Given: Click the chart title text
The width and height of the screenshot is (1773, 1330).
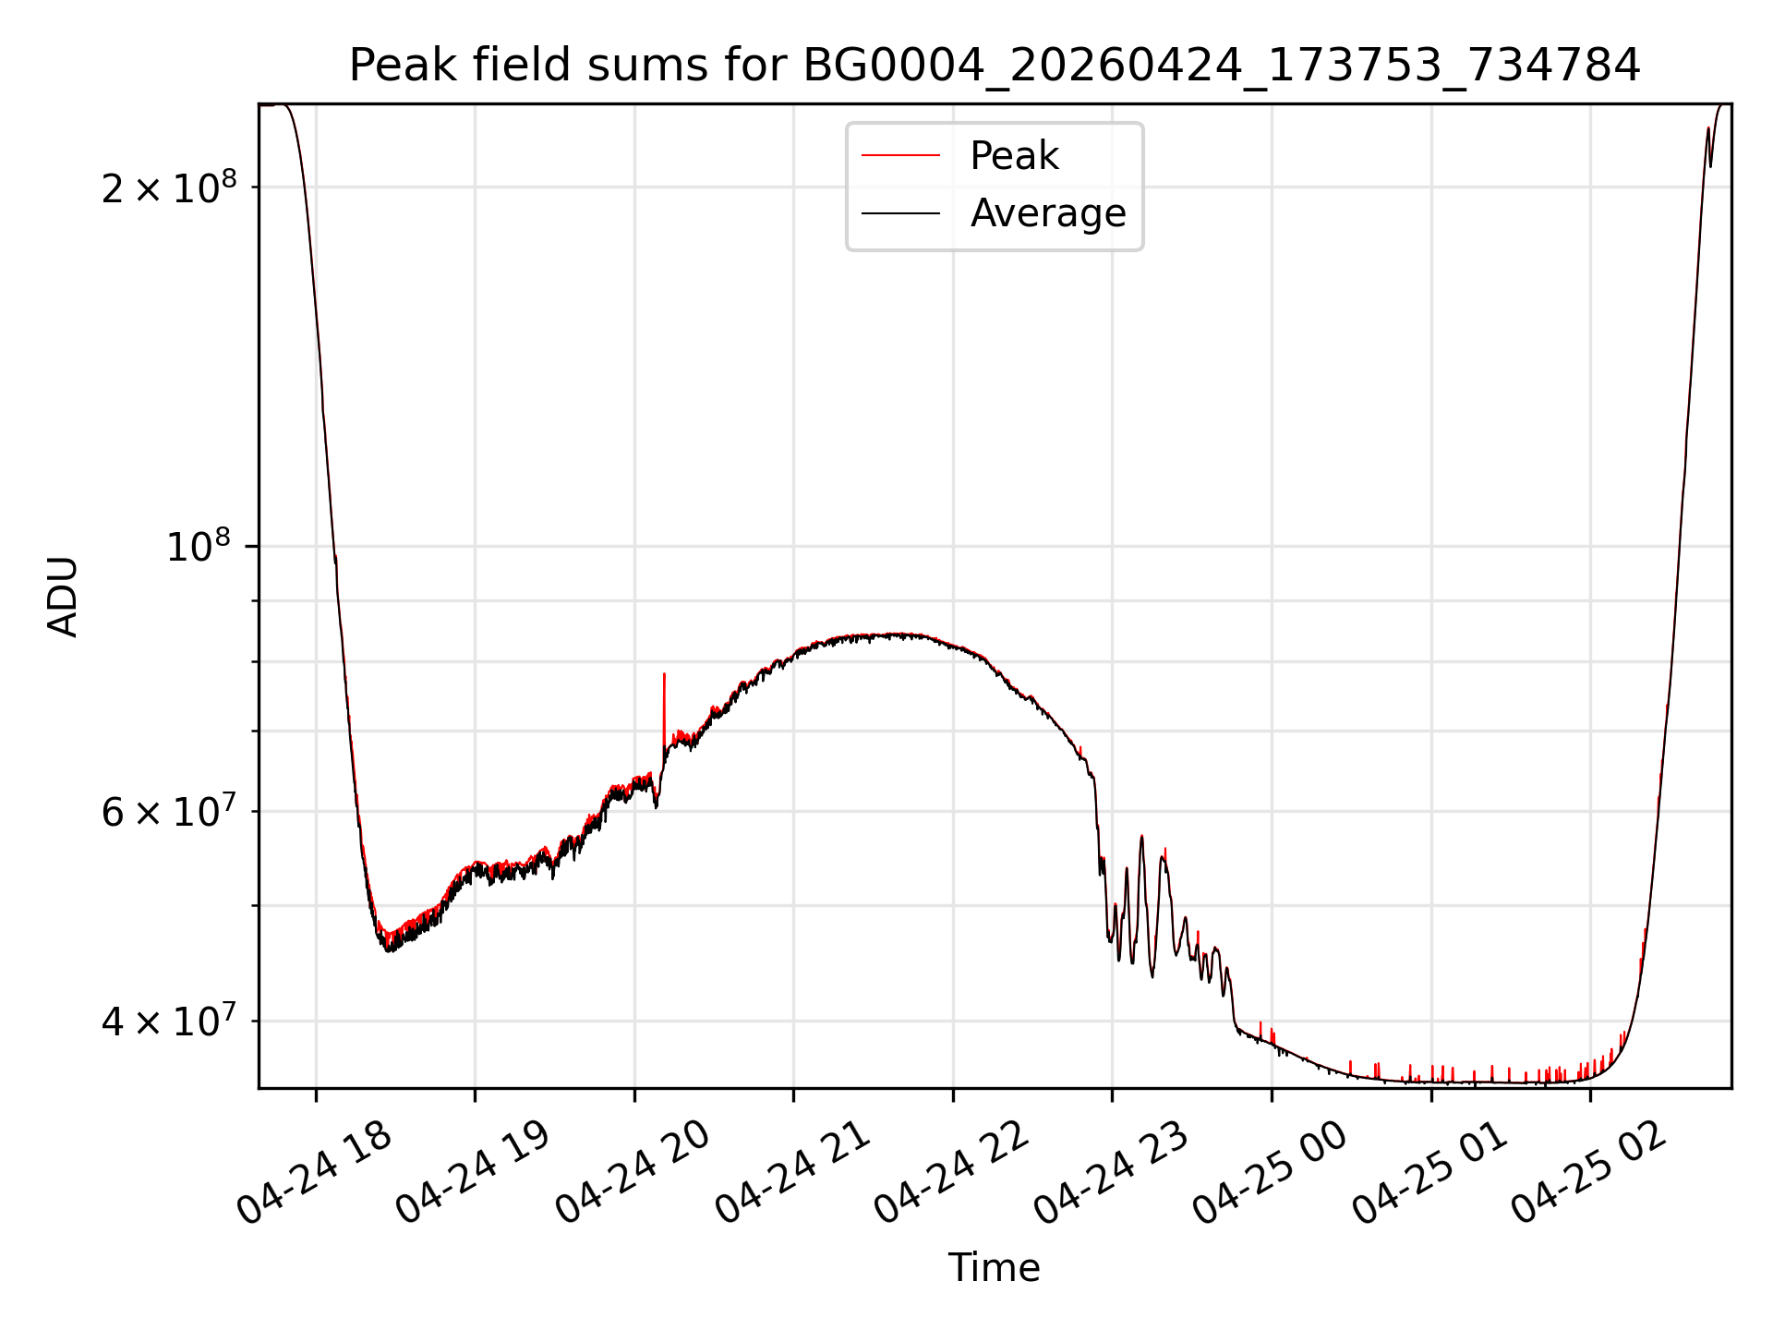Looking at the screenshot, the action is coord(995,66).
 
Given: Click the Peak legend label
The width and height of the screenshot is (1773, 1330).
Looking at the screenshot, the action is coord(1014,156).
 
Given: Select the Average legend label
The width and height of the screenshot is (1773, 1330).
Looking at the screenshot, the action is coord(1048,213).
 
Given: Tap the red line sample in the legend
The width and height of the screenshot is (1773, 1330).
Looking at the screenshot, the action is coord(900,156).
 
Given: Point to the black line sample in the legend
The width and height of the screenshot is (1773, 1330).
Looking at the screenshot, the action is coord(900,213).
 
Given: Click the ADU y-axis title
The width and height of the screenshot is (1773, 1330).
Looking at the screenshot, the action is coord(63,597).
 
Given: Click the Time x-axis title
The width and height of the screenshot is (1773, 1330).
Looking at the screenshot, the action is coord(995,1268).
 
